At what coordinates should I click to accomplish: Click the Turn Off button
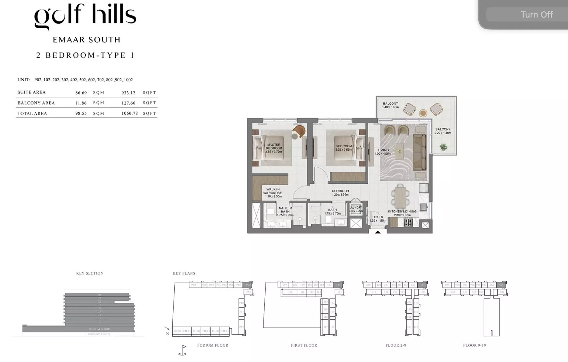536,15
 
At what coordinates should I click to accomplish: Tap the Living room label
383,152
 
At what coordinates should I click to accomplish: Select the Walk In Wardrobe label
273,193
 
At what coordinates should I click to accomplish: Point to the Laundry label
356,209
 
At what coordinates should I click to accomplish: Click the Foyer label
378,219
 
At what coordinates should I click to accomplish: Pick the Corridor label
340,193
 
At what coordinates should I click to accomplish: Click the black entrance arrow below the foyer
378,232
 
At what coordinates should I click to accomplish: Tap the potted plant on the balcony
443,147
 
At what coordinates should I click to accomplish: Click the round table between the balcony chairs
423,113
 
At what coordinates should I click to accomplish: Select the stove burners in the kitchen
408,223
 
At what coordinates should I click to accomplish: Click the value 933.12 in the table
128,93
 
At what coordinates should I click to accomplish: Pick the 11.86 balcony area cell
81,103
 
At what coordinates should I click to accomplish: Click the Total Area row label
32,113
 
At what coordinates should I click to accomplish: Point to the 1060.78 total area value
130,113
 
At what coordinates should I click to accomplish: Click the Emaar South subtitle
87,40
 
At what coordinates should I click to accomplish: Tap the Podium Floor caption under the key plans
213,345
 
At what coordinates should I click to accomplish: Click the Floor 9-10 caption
474,345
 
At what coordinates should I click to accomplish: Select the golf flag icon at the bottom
183,350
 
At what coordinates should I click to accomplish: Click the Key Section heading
90,273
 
